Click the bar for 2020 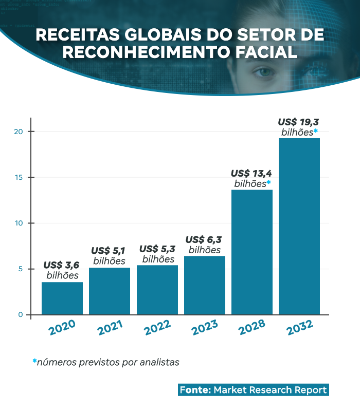pos(62,298)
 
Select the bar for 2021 pos(110,291)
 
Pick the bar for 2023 pos(205,285)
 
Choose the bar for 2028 pos(252,252)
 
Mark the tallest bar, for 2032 pos(299,227)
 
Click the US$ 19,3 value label pos(299,122)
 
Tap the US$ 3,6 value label pos(62,266)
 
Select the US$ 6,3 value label pos(205,240)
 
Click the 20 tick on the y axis pos(19,132)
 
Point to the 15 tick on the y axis pos(19,177)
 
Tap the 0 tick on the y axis pos(21,315)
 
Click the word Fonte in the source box pos(195,390)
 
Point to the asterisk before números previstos pos(34,361)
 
